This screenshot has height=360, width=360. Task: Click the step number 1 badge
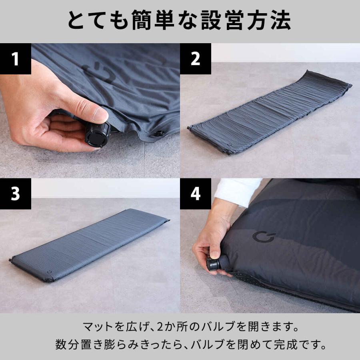[x=16, y=59]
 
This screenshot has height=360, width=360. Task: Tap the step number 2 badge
[x=195, y=59]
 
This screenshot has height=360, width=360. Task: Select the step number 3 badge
[x=16, y=194]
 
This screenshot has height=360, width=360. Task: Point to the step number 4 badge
[x=195, y=194]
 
